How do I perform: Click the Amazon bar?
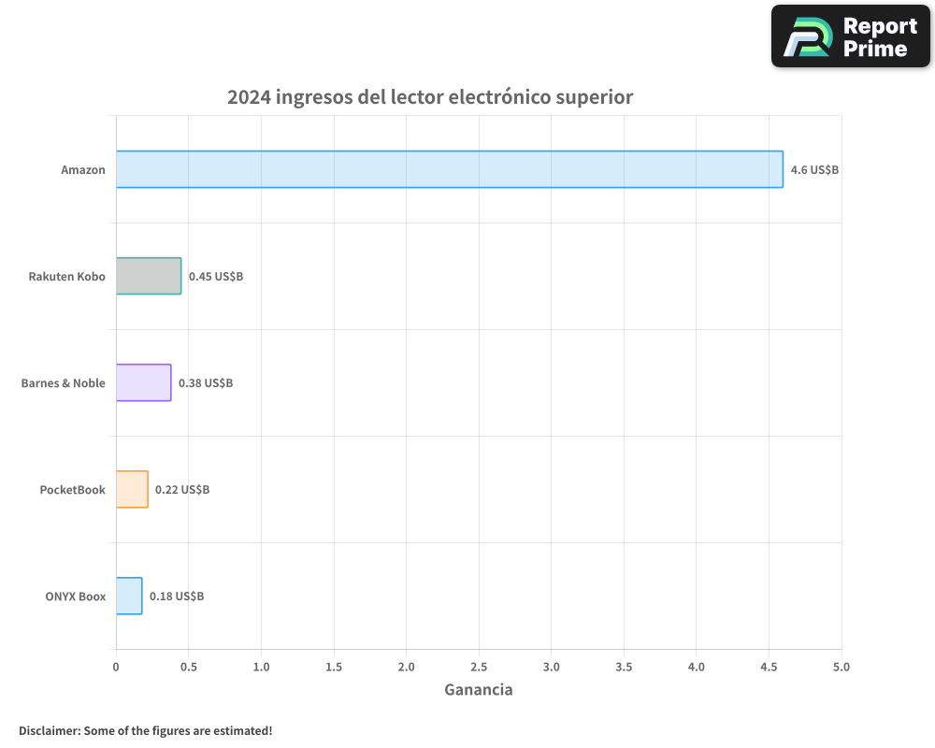[449, 169]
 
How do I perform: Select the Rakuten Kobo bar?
[149, 276]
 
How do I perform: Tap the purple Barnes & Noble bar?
[143, 382]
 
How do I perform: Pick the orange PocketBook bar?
[132, 489]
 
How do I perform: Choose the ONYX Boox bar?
[129, 596]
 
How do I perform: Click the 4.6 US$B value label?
[814, 170]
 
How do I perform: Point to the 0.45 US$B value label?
[216, 277]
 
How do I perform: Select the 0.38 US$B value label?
[206, 383]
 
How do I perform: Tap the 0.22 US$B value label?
[182, 490]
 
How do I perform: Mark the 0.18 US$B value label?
[177, 597]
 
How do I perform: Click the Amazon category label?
[83, 170]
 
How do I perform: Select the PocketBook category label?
[72, 490]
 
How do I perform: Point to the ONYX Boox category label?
[75, 597]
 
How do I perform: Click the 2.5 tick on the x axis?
[479, 667]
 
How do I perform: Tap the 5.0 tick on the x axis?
[841, 667]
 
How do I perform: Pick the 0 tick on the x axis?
[116, 667]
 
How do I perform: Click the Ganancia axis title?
[478, 690]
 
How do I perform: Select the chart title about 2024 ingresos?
[430, 97]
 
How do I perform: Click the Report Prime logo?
[850, 36]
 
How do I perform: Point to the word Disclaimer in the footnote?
[49, 730]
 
